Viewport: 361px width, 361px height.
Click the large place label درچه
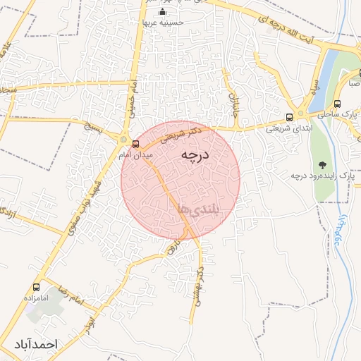coord(192,154)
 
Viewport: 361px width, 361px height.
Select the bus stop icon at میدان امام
coord(126,143)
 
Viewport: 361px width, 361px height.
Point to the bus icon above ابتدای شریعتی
coord(289,118)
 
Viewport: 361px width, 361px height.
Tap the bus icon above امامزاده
coord(36,288)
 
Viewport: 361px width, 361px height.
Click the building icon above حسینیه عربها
coord(163,12)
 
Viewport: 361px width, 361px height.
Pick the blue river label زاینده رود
coord(338,233)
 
